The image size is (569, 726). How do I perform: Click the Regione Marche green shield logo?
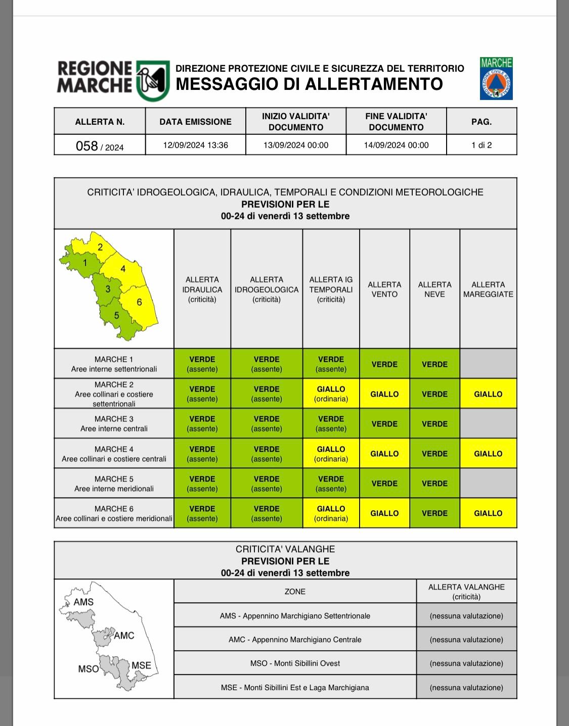pos(152,81)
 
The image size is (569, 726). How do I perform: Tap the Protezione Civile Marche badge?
pos(496,78)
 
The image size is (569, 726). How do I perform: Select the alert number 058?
pos(87,146)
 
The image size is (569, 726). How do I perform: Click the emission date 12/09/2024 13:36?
pos(195,145)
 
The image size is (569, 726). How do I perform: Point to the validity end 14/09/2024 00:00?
pos(396,145)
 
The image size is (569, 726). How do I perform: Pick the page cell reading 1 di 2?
pos(482,145)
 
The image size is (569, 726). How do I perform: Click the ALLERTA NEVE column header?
pos(434,289)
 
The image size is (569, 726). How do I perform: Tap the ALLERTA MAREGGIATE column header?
pos(488,289)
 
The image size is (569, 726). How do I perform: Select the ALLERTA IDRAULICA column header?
pos(202,289)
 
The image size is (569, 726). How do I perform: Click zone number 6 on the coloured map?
pos(139,302)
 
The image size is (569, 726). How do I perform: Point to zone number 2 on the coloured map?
pos(100,247)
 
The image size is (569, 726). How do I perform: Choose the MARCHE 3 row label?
pos(114,423)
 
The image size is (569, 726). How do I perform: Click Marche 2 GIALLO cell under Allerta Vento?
pos(384,394)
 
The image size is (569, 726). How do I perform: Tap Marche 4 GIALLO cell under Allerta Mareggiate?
pos(488,454)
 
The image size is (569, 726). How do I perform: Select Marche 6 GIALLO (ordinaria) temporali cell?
pos(331,513)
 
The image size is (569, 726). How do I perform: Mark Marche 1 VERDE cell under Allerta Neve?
pos(434,364)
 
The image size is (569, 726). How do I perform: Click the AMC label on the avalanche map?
pos(124,635)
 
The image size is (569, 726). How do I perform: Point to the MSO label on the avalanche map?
pos(89,668)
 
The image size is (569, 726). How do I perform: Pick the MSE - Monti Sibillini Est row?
pos(295,688)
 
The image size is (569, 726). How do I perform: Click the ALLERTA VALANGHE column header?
pos(466,592)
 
